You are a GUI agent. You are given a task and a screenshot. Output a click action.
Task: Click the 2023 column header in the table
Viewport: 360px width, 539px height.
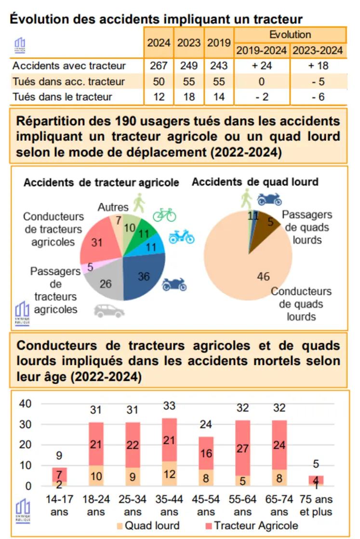[x=189, y=42]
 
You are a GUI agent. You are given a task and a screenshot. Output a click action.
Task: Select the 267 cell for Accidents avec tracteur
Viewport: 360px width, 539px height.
[x=159, y=66]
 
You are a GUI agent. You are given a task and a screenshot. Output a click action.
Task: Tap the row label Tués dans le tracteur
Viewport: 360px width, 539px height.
[x=62, y=96]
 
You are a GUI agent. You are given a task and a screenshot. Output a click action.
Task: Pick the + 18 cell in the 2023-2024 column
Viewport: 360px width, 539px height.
[x=318, y=66]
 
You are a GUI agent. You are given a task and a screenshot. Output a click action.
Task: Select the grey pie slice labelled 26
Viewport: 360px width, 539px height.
[x=106, y=283]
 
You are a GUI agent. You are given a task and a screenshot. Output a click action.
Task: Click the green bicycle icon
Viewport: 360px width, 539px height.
[x=164, y=215]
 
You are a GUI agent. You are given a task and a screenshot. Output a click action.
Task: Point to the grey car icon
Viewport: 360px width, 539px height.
[x=107, y=310]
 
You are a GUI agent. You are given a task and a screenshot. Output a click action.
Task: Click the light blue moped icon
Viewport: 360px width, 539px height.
[x=181, y=237]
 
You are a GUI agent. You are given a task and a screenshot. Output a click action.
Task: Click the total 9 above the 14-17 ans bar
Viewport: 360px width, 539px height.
[x=59, y=456]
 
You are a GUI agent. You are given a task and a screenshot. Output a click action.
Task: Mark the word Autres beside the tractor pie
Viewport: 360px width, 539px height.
[x=113, y=207]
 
